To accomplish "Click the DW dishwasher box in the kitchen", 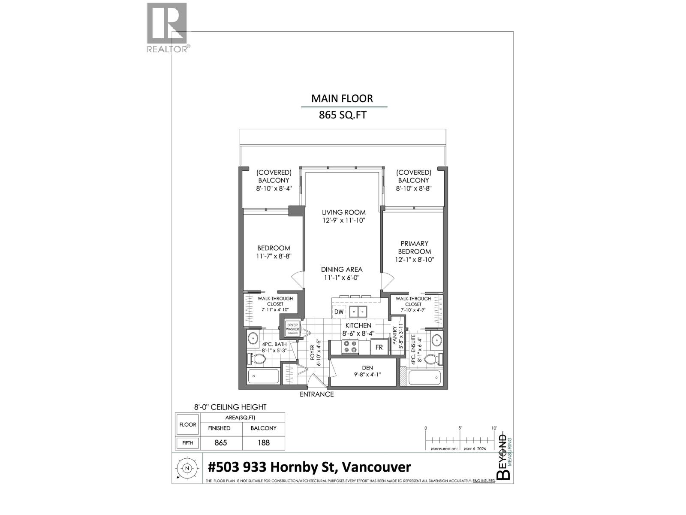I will pyautogui.click(x=339, y=312).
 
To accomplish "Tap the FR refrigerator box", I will pyautogui.click(x=379, y=347).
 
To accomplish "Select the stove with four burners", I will pyautogui.click(x=350, y=347).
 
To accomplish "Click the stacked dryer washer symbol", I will pyautogui.click(x=293, y=329).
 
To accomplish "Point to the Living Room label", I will pyautogui.click(x=344, y=212).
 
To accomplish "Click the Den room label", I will pyautogui.click(x=367, y=368).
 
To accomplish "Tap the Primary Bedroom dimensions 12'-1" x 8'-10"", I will pyautogui.click(x=415, y=260).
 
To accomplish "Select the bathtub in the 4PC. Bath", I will pyautogui.click(x=264, y=377).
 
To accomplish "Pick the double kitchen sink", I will pyautogui.click(x=358, y=312).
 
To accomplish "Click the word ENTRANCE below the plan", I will pyautogui.click(x=316, y=394).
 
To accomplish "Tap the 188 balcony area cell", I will pyautogui.click(x=263, y=442).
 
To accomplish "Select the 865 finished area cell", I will pyautogui.click(x=220, y=442).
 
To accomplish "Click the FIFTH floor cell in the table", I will pyautogui.click(x=187, y=443).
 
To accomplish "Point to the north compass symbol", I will pyautogui.click(x=187, y=469).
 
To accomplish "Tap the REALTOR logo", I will pyautogui.click(x=167, y=27).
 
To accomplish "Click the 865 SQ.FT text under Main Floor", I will pyautogui.click(x=342, y=115).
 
